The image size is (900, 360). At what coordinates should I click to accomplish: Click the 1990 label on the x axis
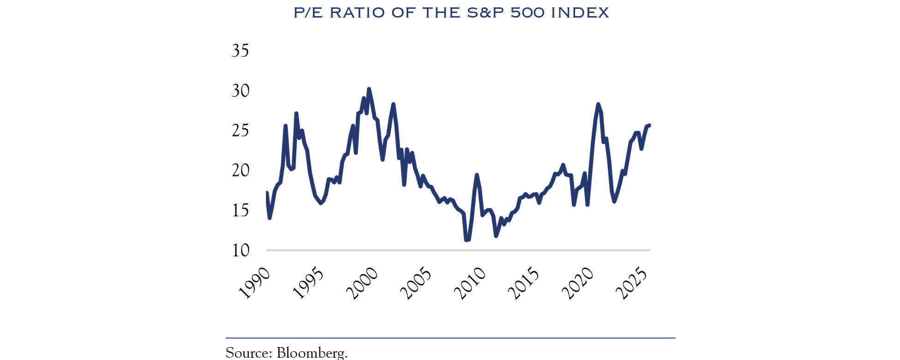(254, 283)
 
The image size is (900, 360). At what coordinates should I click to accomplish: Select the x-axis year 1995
(308, 283)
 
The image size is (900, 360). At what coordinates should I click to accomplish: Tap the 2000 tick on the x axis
(362, 283)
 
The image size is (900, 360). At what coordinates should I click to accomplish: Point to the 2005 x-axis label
(416, 283)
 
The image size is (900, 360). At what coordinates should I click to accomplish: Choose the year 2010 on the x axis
(470, 283)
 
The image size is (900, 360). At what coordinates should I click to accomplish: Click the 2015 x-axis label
(524, 283)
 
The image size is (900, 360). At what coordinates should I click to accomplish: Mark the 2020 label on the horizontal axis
(578, 283)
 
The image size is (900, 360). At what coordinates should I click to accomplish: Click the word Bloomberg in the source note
(312, 353)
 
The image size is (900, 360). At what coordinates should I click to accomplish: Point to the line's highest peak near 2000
(369, 89)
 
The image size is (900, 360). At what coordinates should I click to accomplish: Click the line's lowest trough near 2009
(467, 240)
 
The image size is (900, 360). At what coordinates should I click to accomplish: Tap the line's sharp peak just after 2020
(598, 104)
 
